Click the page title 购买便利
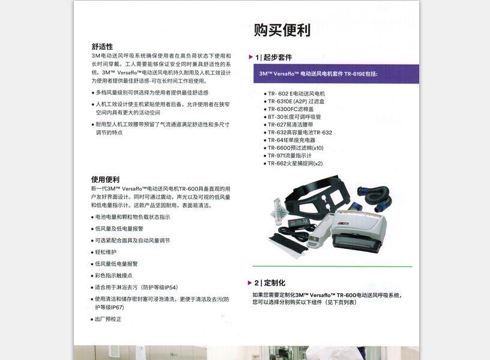tap(282, 30)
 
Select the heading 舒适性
tap(101, 46)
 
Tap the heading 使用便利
tap(105, 179)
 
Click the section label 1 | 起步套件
tap(274, 58)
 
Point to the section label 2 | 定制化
tap(270, 283)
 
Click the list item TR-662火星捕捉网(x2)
tap(295, 163)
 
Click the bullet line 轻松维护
tap(106, 252)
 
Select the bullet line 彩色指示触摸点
tap(113, 275)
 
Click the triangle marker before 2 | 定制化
tap(250, 283)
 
